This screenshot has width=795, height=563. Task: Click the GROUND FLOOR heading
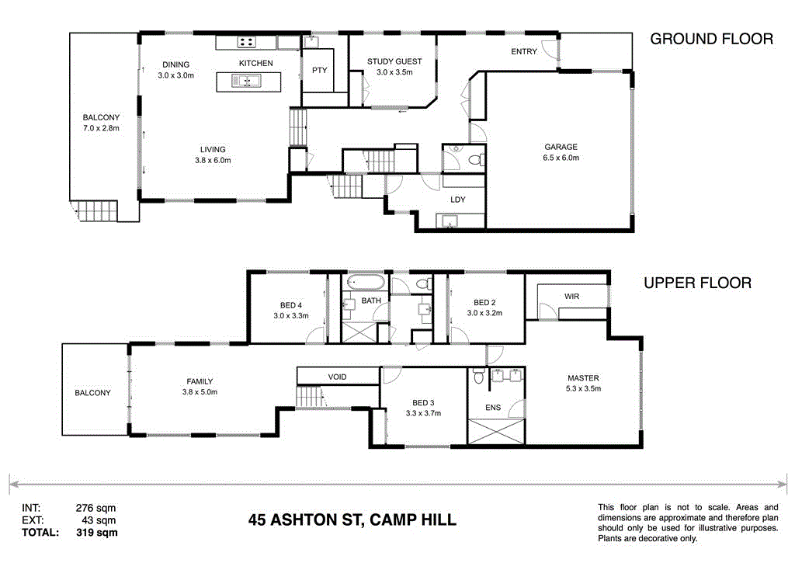pos(711,39)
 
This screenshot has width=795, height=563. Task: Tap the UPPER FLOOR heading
pos(697,283)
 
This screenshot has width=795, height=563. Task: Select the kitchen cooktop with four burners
pos(247,43)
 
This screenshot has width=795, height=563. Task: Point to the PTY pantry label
pos(319,70)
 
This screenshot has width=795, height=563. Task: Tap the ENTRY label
pos(524,52)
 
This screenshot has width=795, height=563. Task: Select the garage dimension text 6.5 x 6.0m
pos(560,158)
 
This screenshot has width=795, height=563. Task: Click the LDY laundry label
pos(458,200)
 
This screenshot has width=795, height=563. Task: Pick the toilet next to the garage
pos(478,160)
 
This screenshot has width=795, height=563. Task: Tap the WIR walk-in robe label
pos(572,297)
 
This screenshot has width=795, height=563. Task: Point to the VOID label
pos(337,377)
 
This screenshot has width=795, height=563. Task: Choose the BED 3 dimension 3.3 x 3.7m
pos(422,413)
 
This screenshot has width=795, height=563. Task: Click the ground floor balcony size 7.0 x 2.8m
pos(101,128)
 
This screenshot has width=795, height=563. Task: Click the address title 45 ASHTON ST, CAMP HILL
pos(352,520)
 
